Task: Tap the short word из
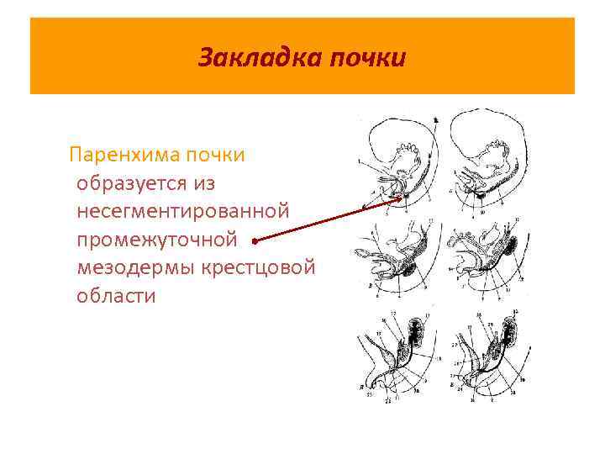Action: click(x=210, y=183)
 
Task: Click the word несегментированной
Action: click(x=182, y=211)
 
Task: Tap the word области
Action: click(x=116, y=296)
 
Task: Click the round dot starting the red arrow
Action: click(x=255, y=240)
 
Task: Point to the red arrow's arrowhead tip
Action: click(x=402, y=199)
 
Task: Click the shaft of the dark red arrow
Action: click(x=328, y=219)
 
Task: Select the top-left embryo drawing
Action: click(x=400, y=164)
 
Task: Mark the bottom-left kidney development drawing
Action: click(x=400, y=357)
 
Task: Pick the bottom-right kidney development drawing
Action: click(x=487, y=357)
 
